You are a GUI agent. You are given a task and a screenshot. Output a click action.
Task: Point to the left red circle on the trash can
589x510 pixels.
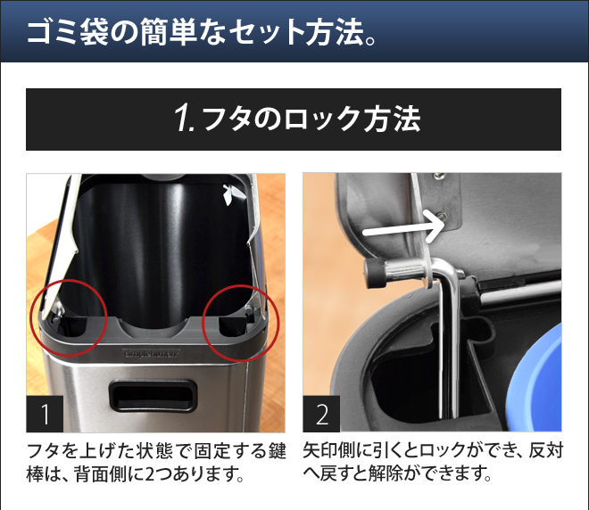70,320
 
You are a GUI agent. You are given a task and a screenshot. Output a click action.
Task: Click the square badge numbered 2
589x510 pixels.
321,413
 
